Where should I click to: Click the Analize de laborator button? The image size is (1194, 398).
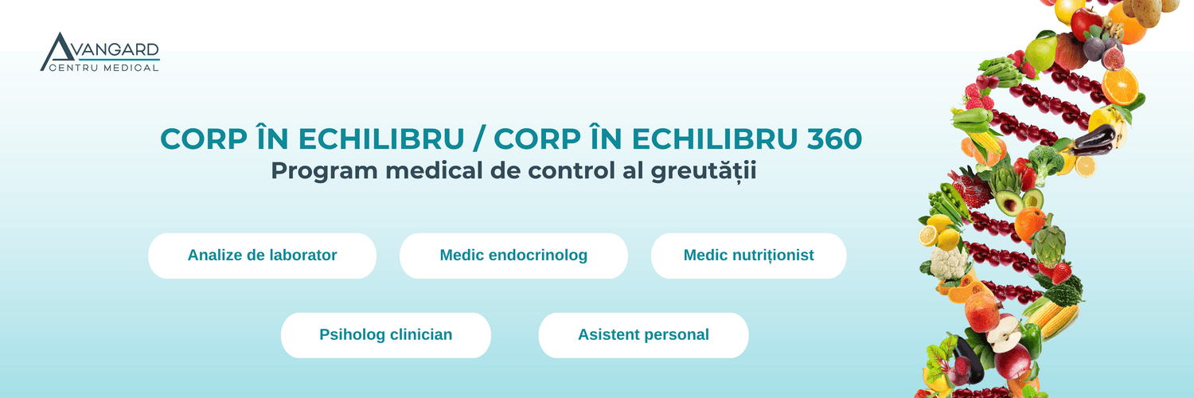pos(262,256)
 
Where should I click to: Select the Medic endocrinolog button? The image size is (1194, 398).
pos(513,256)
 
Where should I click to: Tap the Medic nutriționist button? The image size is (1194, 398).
pos(748,256)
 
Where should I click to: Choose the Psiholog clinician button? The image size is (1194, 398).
pos(386,335)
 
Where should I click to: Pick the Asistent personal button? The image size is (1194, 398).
pos(643,335)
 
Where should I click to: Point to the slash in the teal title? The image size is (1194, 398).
pos(479,139)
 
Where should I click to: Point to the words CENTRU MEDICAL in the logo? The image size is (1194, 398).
pos(104,68)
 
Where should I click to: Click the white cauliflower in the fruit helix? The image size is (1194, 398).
pos(950,263)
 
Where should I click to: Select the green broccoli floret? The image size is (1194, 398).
pos(1045,160)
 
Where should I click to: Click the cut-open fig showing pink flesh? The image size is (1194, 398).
pos(1113,57)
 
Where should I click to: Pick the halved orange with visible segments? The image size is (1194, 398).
pos(1120,86)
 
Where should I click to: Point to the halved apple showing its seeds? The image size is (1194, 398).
pos(1003,334)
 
